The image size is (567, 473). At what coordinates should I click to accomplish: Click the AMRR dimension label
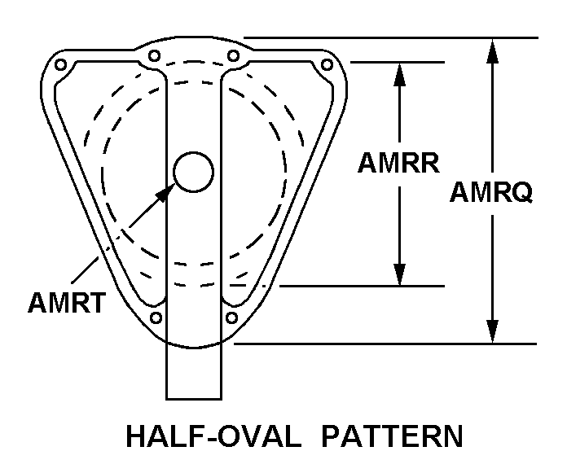398,163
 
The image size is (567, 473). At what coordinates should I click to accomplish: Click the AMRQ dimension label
491,192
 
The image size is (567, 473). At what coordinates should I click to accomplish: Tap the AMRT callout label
67,303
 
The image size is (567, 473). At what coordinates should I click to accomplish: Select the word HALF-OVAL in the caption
213,436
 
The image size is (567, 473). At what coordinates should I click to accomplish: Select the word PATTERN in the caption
392,436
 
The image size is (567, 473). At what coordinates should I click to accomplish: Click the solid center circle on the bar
193,172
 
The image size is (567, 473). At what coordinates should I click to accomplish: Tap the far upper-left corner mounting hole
60,65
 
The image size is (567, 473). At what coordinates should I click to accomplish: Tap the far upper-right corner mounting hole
327,65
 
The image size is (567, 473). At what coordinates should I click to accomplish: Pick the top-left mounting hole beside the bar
155,56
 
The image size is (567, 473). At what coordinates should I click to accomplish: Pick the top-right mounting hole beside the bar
233,56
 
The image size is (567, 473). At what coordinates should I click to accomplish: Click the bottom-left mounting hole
156,318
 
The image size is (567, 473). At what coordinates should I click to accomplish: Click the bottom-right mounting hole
231,318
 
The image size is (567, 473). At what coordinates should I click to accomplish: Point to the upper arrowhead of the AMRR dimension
399,74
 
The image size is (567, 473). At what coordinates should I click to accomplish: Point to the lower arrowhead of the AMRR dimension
399,274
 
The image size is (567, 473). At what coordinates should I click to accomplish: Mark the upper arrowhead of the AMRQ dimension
492,50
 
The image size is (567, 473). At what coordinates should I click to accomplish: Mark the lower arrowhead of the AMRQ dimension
492,331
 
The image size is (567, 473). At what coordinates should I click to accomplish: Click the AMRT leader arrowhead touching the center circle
165,193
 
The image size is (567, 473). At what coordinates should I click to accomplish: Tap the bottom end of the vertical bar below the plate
194,399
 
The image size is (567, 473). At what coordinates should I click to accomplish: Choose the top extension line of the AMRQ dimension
391,37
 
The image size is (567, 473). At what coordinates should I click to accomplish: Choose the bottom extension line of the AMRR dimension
362,286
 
